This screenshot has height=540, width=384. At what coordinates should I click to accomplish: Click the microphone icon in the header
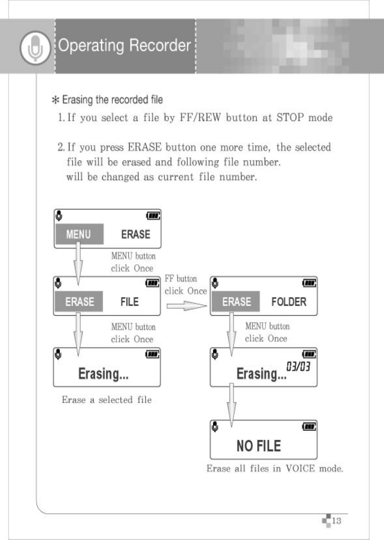(x=35, y=48)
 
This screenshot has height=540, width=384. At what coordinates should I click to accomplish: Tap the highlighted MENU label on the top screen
(x=78, y=234)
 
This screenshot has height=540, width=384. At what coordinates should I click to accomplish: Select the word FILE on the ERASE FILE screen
(x=129, y=302)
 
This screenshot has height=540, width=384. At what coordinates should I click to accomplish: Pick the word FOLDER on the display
(x=289, y=302)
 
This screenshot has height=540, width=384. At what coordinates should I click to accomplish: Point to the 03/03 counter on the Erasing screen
(x=298, y=366)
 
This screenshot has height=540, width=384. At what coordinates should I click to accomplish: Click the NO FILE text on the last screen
(x=259, y=446)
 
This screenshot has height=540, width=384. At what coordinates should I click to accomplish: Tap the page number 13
(x=336, y=521)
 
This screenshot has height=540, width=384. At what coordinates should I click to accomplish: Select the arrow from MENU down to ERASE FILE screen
(x=78, y=263)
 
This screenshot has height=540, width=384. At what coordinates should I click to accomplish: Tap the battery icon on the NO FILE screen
(x=309, y=427)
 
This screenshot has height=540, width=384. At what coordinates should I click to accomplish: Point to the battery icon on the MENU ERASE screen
(x=153, y=216)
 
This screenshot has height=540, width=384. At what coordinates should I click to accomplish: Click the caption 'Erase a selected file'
(x=106, y=400)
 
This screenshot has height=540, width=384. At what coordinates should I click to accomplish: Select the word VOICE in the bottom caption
(x=300, y=469)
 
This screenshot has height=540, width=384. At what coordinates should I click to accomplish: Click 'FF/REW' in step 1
(x=200, y=118)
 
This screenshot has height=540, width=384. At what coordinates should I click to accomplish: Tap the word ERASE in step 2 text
(x=144, y=147)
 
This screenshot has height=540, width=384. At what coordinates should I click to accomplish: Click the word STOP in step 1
(x=290, y=118)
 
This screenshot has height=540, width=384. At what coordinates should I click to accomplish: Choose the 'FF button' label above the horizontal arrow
(x=181, y=279)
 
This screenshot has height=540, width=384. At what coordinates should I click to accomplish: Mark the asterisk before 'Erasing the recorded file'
(x=56, y=100)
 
